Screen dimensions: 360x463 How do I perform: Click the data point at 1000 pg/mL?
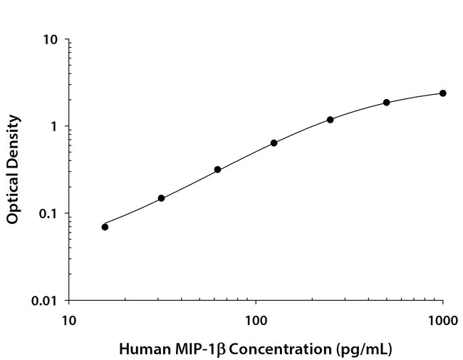coord(442,93)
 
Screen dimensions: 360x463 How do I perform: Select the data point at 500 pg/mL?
coord(387,103)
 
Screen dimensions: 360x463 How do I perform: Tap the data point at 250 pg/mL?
coord(331,120)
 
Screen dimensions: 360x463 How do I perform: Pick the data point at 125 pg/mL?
coord(274,143)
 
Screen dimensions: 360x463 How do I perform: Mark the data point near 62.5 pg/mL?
coord(217,170)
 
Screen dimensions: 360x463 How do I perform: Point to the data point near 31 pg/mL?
coord(161,198)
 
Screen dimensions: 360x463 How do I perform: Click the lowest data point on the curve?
coord(105,227)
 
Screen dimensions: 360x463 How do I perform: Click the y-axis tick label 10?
coord(51,39)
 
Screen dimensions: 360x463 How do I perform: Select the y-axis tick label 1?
coord(54,127)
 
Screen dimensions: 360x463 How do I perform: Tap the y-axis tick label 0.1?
coord(48,214)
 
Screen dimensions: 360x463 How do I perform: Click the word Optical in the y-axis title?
coord(12,200)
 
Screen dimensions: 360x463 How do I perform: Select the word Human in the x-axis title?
coord(140,350)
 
